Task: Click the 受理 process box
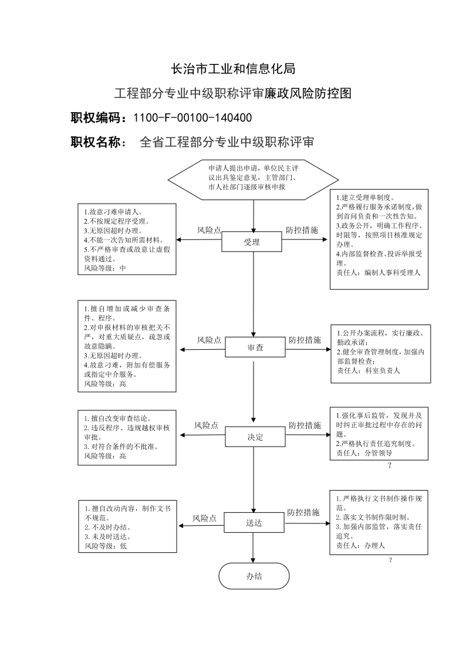click(x=252, y=242)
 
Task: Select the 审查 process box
click(x=255, y=347)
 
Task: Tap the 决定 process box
click(x=255, y=437)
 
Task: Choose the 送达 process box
click(x=254, y=523)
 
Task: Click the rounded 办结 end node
click(x=254, y=577)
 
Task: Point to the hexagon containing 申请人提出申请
click(x=254, y=180)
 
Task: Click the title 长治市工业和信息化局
click(x=233, y=69)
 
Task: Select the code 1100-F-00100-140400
click(x=193, y=118)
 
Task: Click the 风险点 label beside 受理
click(x=210, y=230)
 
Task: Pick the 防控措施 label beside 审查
click(x=305, y=340)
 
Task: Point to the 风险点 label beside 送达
click(x=204, y=519)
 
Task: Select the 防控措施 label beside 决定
click(x=305, y=425)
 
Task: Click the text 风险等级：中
click(x=104, y=268)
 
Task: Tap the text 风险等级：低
click(x=106, y=546)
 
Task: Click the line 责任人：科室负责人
click(x=369, y=371)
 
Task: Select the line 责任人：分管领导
click(x=364, y=453)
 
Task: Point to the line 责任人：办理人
click(x=360, y=546)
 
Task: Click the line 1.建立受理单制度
click(x=364, y=198)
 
